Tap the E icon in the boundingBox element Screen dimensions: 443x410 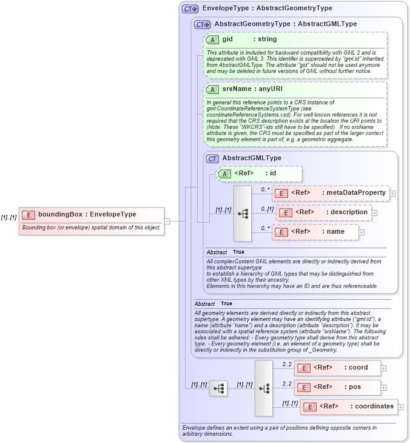pyautogui.click(x=28, y=214)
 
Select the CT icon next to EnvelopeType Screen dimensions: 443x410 pyautogui.click(x=190, y=8)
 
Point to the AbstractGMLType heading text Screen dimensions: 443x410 pyautogui.click(x=252, y=158)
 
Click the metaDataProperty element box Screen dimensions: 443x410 pyautogui.click(x=330, y=193)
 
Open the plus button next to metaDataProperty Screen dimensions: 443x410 pyautogui.click(x=392, y=194)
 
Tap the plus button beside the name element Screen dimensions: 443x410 pyautogui.click(x=362, y=232)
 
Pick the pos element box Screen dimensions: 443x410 pyautogui.click(x=337, y=387)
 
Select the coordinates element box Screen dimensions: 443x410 pyautogui.click(x=349, y=407)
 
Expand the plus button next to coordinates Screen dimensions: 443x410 pyautogui.click(x=400, y=407)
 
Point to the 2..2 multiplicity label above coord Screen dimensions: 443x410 pyautogui.click(x=287, y=364)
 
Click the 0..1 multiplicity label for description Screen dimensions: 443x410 pyautogui.click(x=267, y=209)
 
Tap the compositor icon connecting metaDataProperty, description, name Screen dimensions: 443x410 pyautogui.click(x=242, y=214)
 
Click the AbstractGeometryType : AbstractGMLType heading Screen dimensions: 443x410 pyautogui.click(x=285, y=24)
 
